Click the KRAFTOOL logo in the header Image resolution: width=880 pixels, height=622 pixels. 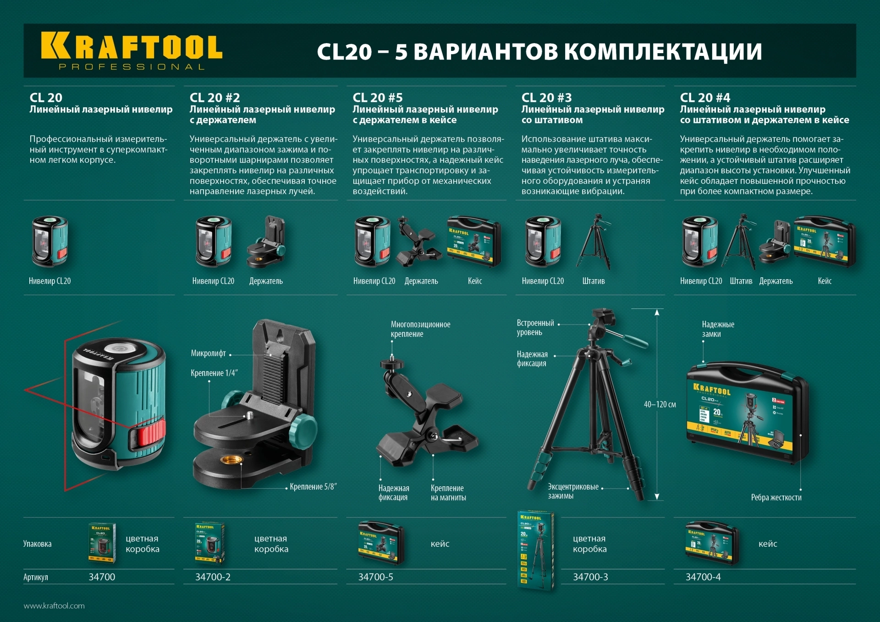[x=132, y=51]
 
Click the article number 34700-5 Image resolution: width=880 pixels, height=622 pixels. [x=375, y=577]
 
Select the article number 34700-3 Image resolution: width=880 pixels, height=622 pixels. [x=590, y=577]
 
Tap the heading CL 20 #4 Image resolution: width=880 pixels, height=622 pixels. [x=705, y=98]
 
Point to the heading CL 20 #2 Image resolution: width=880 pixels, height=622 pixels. [x=214, y=98]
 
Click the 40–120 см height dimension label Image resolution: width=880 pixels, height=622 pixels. [x=660, y=404]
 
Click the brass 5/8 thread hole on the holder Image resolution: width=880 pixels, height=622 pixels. [x=228, y=460]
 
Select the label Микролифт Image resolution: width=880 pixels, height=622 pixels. [x=208, y=353]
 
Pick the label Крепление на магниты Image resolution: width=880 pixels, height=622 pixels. [x=448, y=493]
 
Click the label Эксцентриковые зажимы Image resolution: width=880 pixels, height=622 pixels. [x=573, y=491]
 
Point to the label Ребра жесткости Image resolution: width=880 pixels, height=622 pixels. [x=776, y=497]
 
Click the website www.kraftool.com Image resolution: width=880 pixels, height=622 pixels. [x=54, y=606]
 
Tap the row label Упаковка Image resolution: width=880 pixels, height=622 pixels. [x=37, y=544]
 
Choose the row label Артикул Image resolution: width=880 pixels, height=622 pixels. [x=36, y=577]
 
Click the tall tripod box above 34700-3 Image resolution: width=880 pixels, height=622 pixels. [x=535, y=550]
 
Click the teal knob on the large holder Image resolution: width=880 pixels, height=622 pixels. [x=303, y=431]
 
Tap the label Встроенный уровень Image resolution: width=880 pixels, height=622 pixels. [x=535, y=328]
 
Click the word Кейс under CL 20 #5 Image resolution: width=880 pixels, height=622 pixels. [x=474, y=281]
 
